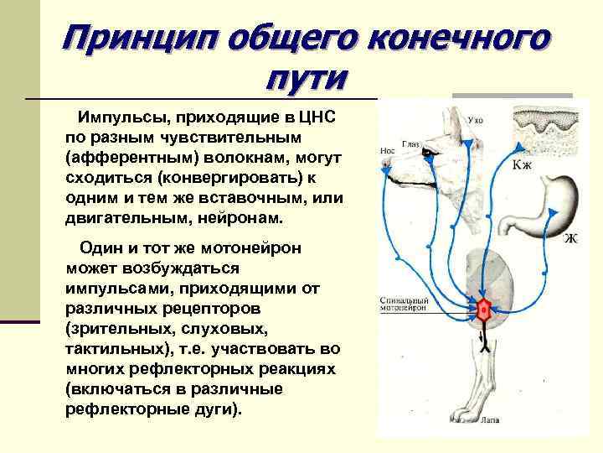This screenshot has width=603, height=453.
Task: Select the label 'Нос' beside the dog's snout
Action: click(387, 151)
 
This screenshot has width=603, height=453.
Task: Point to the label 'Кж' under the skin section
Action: click(522, 165)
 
